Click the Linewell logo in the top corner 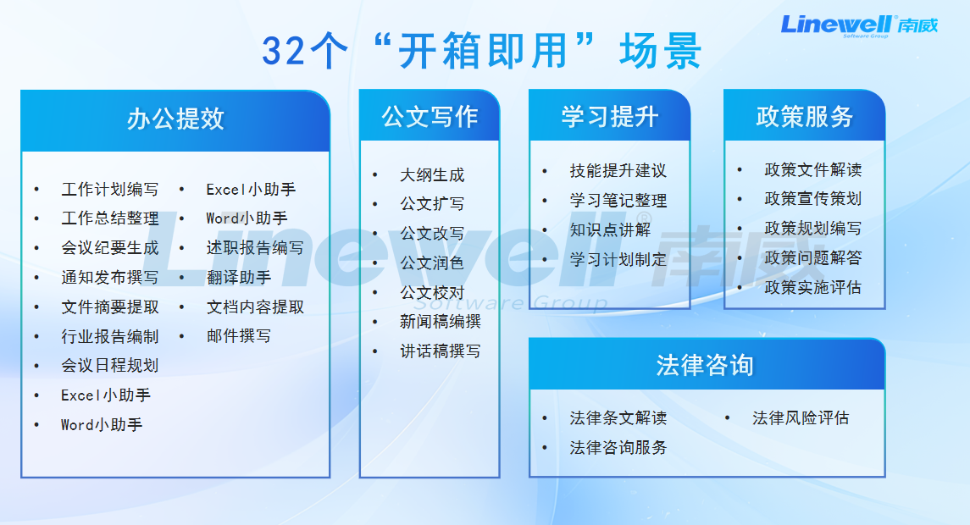(859, 26)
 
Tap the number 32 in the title (283, 51)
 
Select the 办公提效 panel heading (175, 119)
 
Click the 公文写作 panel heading (430, 116)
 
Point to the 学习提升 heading (610, 116)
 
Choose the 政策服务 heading (805, 116)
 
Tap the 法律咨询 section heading (705, 365)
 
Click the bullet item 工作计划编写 (110, 189)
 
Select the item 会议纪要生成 (110, 248)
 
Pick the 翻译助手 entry (239, 278)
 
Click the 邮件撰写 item (239, 336)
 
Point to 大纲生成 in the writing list (432, 175)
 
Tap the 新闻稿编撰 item (441, 322)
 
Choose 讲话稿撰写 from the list (441, 351)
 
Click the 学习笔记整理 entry (618, 201)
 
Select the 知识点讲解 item (611, 230)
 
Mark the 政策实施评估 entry (813, 288)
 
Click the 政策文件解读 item (813, 169)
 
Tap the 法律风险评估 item (801, 418)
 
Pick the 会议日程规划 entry (110, 366)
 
